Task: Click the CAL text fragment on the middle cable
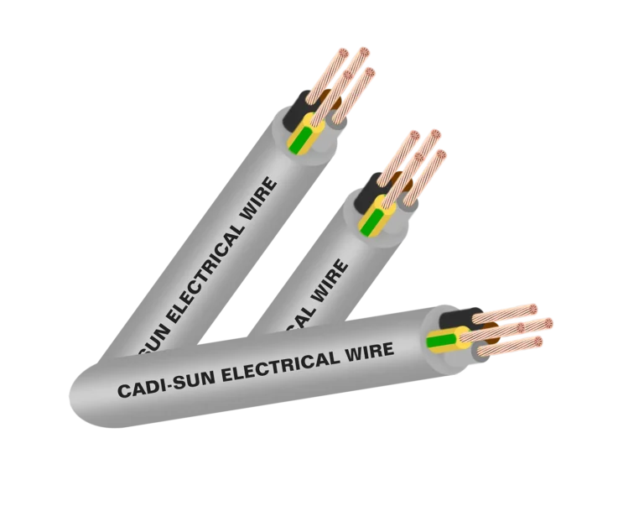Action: tap(302, 315)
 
